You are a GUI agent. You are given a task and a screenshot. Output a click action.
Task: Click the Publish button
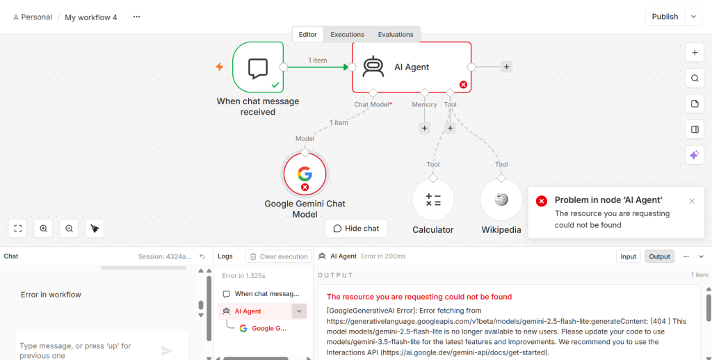(x=665, y=17)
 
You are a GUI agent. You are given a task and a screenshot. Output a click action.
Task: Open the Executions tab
(x=348, y=35)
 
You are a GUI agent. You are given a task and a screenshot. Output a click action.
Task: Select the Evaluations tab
(x=396, y=35)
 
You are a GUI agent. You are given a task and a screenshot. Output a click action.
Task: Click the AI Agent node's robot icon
(x=373, y=67)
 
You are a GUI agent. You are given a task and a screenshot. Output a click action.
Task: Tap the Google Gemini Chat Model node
(x=305, y=174)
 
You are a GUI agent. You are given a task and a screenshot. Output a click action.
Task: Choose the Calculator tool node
(x=432, y=199)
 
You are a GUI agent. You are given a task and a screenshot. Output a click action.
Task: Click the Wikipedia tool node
(x=501, y=199)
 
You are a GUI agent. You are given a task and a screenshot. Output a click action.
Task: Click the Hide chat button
(x=356, y=229)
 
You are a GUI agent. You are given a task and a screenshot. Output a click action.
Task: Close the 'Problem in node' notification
(x=692, y=201)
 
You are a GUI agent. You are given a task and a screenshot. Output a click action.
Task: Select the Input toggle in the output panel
(x=628, y=256)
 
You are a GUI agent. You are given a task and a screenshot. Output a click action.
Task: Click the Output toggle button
(x=659, y=256)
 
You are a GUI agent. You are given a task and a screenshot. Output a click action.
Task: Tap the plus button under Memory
(x=424, y=128)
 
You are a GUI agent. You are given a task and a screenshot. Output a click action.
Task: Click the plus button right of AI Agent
(x=506, y=67)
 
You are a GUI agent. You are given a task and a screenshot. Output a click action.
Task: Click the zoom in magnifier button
(x=44, y=229)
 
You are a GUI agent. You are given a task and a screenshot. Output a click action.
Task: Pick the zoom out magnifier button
(x=69, y=229)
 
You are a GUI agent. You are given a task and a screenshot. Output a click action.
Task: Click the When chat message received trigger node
(x=258, y=67)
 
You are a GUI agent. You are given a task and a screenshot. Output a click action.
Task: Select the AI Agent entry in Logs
(x=248, y=311)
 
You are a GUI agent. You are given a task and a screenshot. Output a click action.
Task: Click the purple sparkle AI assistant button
(x=695, y=155)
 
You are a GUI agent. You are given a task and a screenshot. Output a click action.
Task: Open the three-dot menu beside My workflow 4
(x=137, y=17)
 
